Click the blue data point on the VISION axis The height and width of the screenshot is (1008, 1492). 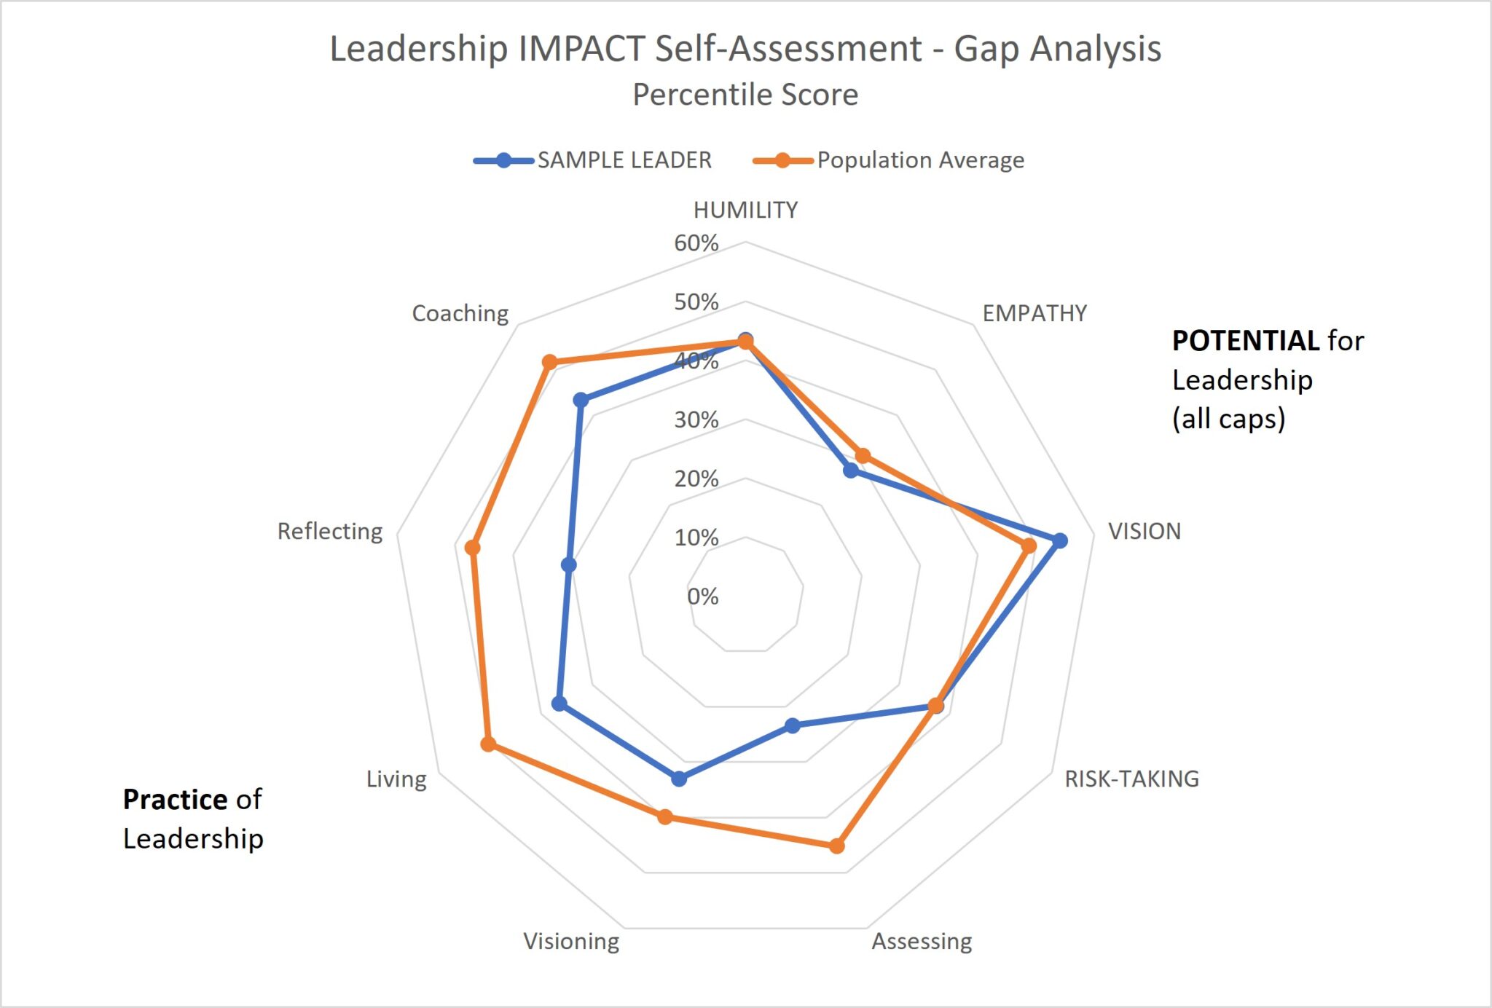(1060, 540)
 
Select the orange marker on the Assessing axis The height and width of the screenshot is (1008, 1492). (836, 846)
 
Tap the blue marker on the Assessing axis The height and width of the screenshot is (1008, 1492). (793, 725)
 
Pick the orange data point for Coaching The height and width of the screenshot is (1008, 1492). (550, 362)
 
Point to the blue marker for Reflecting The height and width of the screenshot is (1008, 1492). (569, 564)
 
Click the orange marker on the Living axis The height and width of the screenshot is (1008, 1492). (489, 744)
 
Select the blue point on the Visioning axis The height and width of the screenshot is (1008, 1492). (679, 779)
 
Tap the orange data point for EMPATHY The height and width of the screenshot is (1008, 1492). (863, 456)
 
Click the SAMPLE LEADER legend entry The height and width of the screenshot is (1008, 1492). (624, 160)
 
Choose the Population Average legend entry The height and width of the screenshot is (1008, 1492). (920, 160)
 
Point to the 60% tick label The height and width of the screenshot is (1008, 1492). (696, 243)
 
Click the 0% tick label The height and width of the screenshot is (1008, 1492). (702, 596)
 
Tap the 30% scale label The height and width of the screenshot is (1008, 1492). (696, 420)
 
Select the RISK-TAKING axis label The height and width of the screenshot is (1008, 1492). (1131, 779)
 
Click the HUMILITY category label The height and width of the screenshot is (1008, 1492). (745, 210)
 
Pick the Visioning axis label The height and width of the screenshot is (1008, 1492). (571, 941)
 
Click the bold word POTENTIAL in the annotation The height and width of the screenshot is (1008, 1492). (1245, 341)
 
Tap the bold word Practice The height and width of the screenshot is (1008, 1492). (175, 800)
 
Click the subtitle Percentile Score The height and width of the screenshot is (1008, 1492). (745, 95)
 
